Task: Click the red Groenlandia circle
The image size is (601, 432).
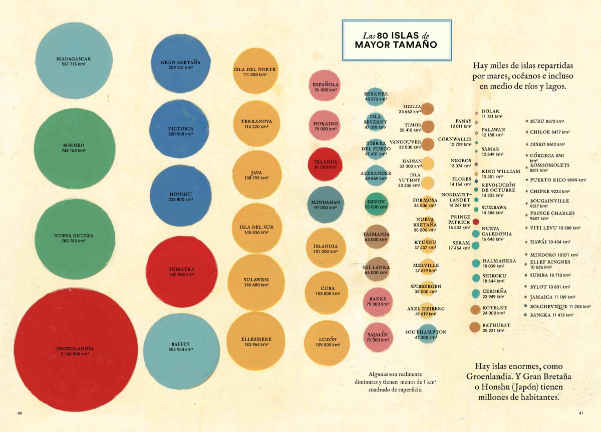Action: pyautogui.click(x=76, y=350)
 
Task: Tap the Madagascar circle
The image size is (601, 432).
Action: pyautogui.click(x=74, y=60)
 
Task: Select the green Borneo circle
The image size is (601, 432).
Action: pyautogui.click(x=75, y=148)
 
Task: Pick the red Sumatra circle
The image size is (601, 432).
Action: pyautogui.click(x=181, y=271)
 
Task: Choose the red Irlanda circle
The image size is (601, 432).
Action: pyautogui.click(x=326, y=164)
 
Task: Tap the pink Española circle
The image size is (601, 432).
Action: pyautogui.click(x=326, y=87)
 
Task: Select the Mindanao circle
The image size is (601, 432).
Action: pyautogui.click(x=326, y=204)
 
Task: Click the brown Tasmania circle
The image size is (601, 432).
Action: pyautogui.click(x=376, y=236)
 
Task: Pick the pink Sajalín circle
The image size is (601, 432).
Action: pyautogui.click(x=378, y=337)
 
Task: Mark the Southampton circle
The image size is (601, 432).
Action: pyautogui.click(x=426, y=334)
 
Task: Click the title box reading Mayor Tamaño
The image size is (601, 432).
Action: pyautogui.click(x=396, y=40)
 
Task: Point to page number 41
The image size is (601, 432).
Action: pyautogui.click(x=581, y=413)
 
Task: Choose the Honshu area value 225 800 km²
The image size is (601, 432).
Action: pyautogui.click(x=181, y=199)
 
